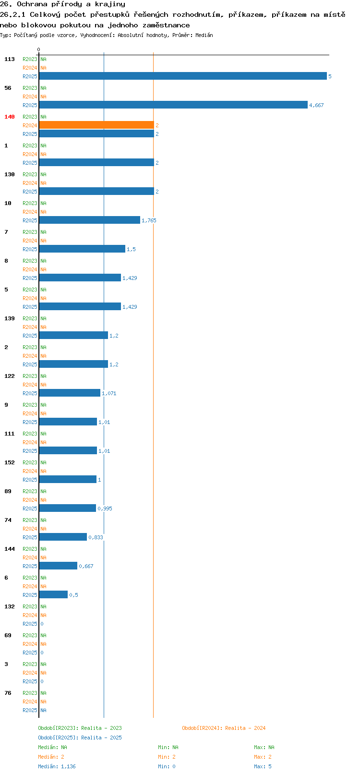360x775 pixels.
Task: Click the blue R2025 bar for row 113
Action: [x=183, y=76]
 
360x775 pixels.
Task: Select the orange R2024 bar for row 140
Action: [x=96, y=125]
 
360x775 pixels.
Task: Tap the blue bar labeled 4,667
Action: [x=173, y=105]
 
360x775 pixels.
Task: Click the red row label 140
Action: [x=9, y=117]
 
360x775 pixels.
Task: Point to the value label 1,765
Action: [x=149, y=220]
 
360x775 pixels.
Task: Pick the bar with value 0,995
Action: [x=67, y=508]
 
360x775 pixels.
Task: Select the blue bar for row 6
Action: [x=53, y=595]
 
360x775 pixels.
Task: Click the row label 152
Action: [x=9, y=462]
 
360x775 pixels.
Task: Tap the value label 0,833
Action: [x=96, y=537]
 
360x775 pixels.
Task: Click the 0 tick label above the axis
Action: [x=38, y=49]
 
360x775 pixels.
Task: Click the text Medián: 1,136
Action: [x=57, y=766]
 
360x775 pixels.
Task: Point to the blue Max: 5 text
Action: [x=263, y=766]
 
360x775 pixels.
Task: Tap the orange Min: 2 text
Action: [x=167, y=757]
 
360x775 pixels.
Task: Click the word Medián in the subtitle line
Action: [x=204, y=35]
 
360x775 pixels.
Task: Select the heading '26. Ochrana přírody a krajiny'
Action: [x=62, y=4]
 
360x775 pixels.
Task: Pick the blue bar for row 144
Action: [x=58, y=566]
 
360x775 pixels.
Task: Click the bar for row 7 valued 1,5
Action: [x=82, y=249]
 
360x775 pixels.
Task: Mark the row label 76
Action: [x=8, y=693]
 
